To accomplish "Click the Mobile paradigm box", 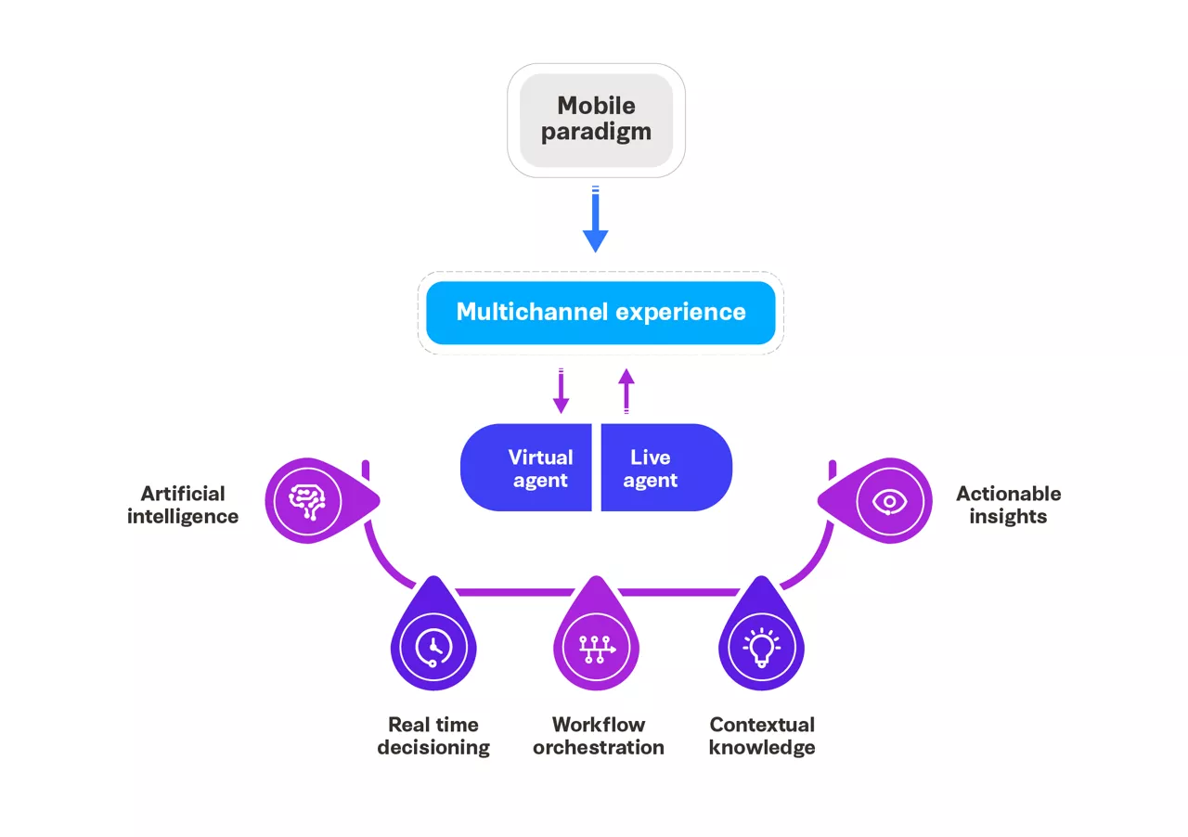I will (x=596, y=121).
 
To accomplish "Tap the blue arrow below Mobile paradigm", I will (x=596, y=223).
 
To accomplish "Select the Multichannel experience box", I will (x=600, y=312).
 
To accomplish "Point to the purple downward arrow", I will (x=561, y=392).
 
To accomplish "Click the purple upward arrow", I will (x=626, y=390).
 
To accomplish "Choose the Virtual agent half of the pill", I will (x=527, y=468).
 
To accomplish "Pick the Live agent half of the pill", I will (x=665, y=468).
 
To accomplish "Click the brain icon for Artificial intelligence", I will (x=308, y=501).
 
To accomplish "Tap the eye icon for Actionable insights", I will (x=888, y=501).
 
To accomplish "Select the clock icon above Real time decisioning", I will (x=433, y=647).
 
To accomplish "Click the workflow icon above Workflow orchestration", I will (x=597, y=647).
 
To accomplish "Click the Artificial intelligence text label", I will (x=183, y=505).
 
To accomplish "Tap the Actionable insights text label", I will (x=1008, y=505).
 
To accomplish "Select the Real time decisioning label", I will (x=433, y=736).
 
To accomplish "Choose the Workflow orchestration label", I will (x=599, y=736).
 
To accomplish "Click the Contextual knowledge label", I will (x=762, y=736).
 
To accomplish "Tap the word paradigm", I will (x=596, y=133).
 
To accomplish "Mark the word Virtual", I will (x=540, y=457).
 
